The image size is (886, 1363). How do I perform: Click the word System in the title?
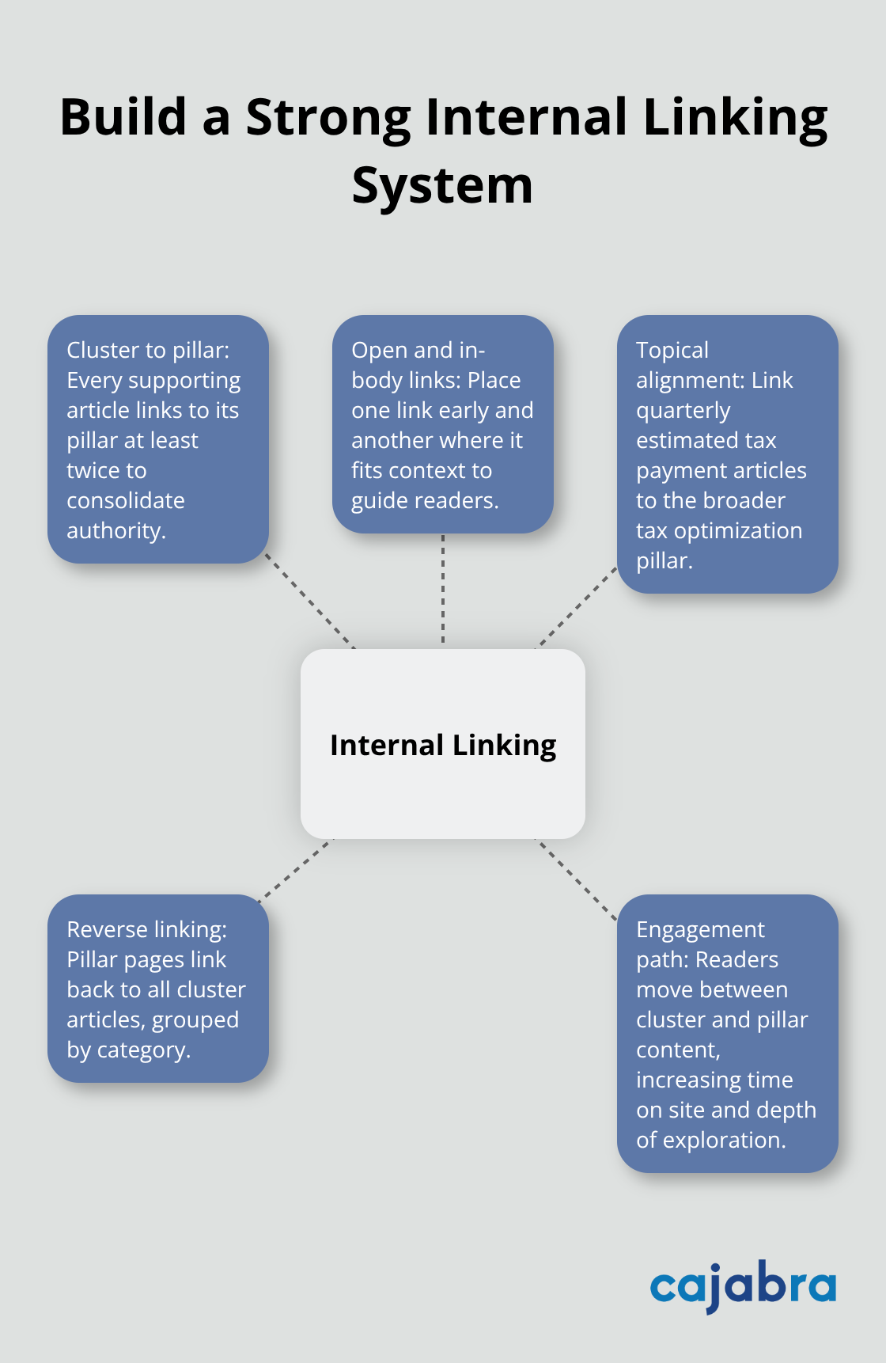(442, 187)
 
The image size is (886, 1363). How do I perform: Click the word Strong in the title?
(328, 118)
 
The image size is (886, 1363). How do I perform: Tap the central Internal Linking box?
(442, 744)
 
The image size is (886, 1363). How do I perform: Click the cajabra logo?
(742, 1286)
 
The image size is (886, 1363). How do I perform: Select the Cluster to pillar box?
(158, 439)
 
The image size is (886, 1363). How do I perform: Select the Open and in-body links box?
(442, 424)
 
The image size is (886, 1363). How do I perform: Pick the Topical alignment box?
(727, 454)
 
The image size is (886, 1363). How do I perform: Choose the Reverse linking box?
(158, 989)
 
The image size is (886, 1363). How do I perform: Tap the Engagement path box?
(727, 1033)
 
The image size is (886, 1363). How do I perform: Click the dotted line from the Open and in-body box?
(443, 590)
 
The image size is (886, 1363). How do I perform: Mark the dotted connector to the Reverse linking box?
(294, 869)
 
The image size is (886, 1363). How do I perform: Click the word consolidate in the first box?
(126, 500)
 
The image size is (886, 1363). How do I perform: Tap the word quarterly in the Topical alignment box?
(683, 411)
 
